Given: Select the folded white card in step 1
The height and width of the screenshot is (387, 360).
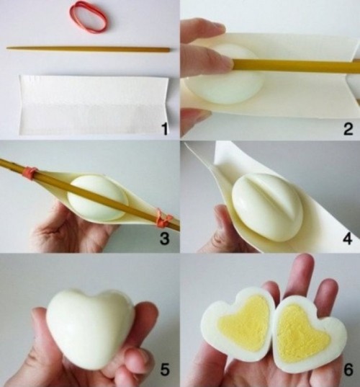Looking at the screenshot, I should (x=94, y=105).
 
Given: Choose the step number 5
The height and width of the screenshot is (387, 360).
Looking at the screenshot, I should (x=165, y=372).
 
